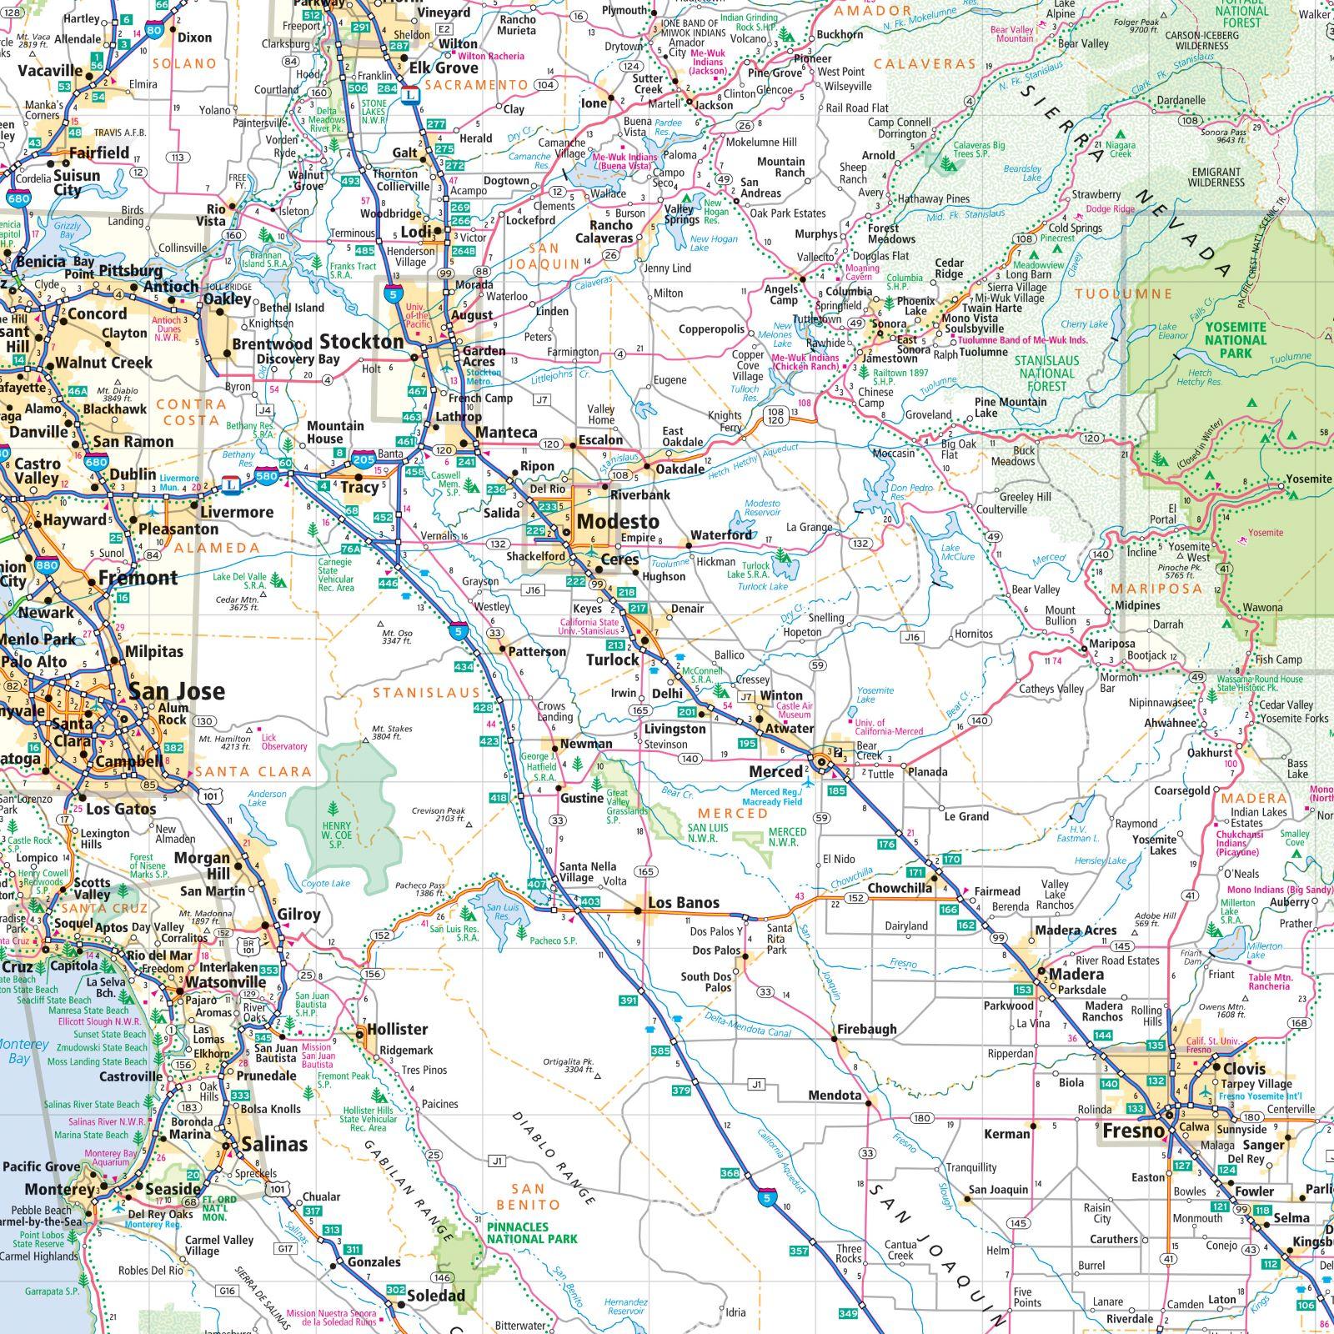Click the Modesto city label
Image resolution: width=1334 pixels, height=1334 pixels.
tap(618, 522)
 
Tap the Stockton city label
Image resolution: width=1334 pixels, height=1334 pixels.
tap(361, 342)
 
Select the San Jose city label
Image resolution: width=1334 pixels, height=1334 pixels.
tap(176, 691)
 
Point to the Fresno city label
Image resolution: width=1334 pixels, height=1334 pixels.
tap(1132, 1131)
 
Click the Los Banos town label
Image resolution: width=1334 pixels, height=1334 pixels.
tap(683, 903)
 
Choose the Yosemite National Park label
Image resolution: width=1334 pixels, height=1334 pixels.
tap(1235, 340)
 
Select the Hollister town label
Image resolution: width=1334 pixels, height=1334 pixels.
tap(397, 1030)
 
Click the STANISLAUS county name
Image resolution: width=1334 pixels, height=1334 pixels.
tap(426, 693)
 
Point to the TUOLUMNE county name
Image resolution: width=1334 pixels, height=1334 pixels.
tap(1123, 294)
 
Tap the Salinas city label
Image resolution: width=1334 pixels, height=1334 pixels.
tap(274, 1145)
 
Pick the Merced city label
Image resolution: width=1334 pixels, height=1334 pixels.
tap(775, 771)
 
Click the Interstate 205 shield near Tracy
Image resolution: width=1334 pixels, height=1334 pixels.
tap(364, 459)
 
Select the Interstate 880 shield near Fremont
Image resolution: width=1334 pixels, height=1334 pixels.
tap(47, 565)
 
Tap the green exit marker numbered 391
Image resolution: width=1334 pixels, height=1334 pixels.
tap(629, 1000)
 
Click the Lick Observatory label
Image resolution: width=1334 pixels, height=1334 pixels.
tap(283, 742)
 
